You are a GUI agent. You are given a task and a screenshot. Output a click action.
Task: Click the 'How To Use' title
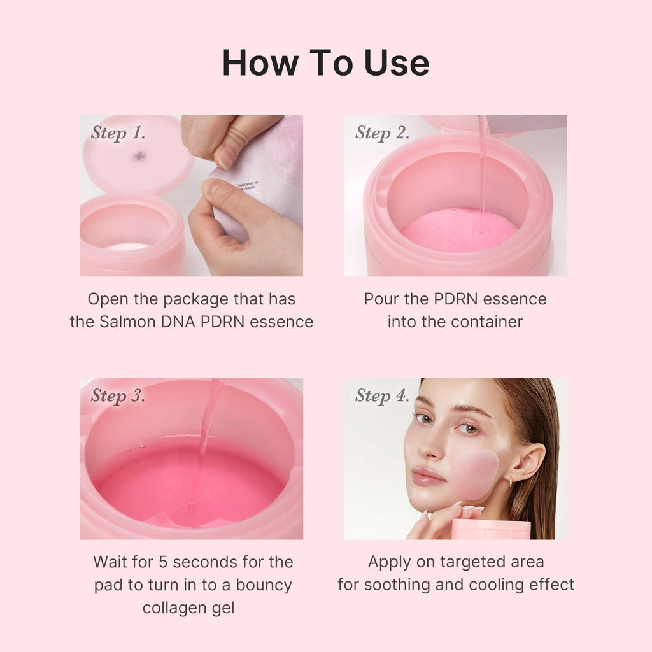[x=325, y=62]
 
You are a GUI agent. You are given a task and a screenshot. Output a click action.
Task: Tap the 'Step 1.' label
[x=118, y=132]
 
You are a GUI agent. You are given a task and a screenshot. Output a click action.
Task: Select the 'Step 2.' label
[x=382, y=132]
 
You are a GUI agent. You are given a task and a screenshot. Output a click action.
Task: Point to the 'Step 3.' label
[x=118, y=395]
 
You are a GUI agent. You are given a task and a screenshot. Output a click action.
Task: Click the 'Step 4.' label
[x=382, y=395]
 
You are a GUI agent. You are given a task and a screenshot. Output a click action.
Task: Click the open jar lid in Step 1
[x=138, y=155]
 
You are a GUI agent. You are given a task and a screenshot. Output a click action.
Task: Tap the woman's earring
[x=511, y=482]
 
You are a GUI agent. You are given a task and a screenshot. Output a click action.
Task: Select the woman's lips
[x=427, y=476]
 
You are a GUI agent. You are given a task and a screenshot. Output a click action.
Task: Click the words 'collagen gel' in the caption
[x=188, y=608]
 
